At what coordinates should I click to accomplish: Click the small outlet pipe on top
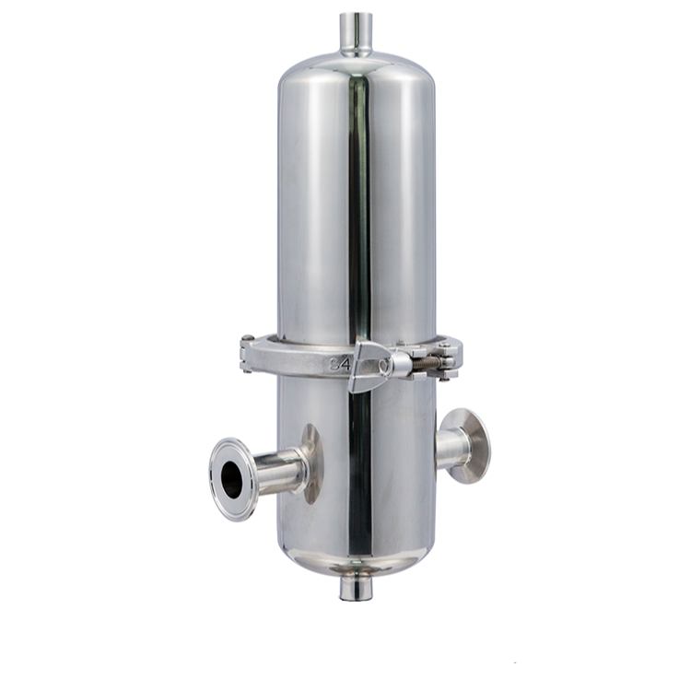355,35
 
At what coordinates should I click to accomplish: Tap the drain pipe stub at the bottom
355,586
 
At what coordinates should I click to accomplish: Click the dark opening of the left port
231,479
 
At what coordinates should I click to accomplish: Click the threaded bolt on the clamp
425,365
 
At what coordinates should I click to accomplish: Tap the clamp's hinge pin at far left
246,355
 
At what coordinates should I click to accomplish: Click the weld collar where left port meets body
312,463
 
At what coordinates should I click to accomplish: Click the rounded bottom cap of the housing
356,558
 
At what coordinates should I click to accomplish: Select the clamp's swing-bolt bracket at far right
451,357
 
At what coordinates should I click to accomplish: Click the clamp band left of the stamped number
286,359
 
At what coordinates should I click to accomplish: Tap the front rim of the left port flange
217,479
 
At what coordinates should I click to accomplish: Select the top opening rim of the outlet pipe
355,16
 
